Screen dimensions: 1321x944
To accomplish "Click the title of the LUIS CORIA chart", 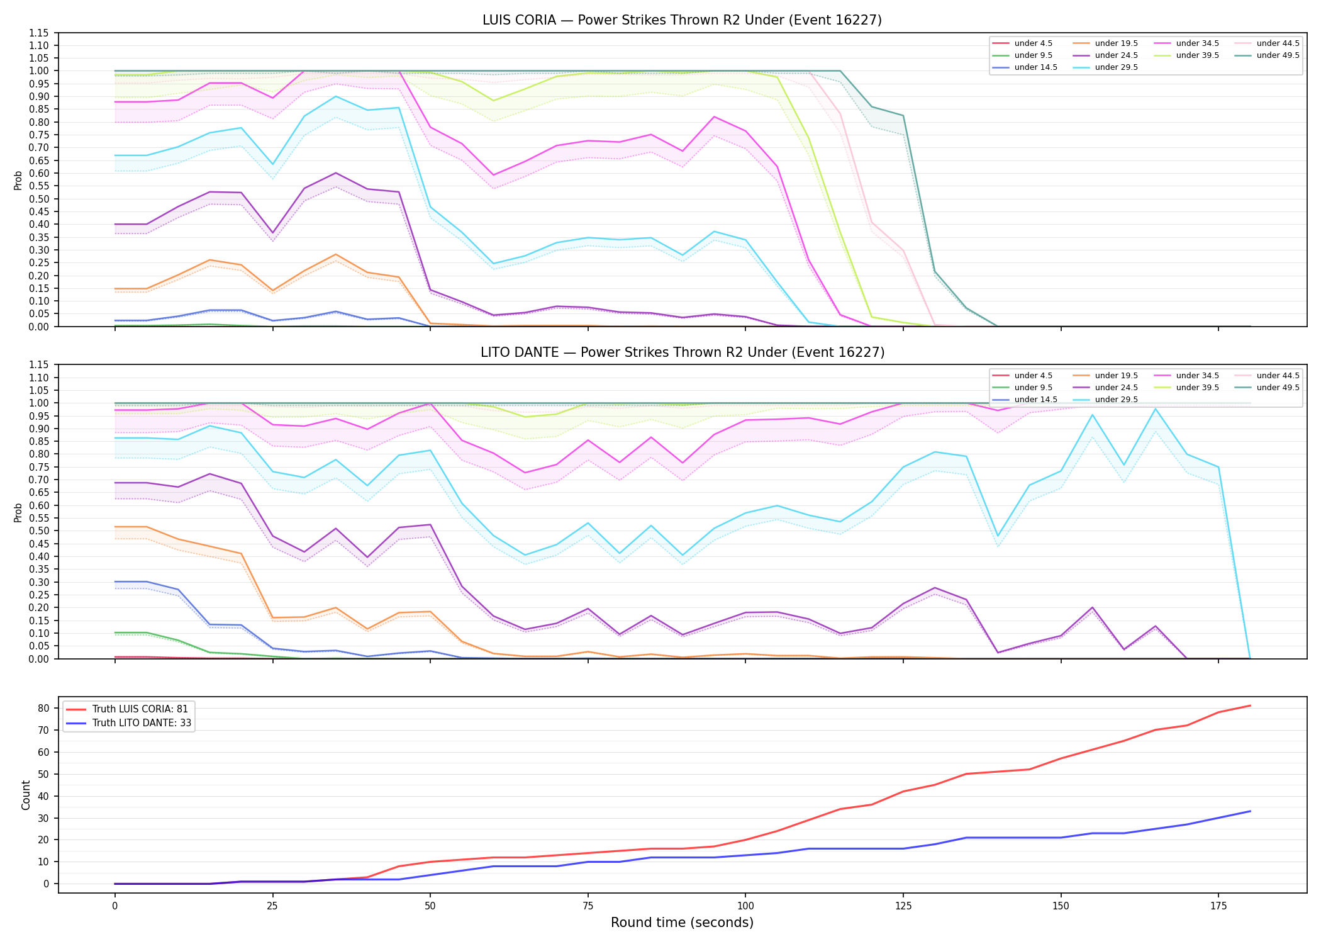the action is (x=682, y=20).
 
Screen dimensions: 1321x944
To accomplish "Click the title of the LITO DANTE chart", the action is (x=682, y=352).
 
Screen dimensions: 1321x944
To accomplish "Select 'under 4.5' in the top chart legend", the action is (x=1033, y=43).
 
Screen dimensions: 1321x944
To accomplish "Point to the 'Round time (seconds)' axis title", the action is (x=682, y=923).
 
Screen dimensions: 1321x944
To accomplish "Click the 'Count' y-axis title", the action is (x=26, y=795).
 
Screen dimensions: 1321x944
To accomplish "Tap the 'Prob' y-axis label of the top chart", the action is (x=18, y=180).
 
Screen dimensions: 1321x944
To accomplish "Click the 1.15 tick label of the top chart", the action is (x=39, y=33).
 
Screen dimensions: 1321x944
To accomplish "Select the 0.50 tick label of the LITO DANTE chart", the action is (x=39, y=531).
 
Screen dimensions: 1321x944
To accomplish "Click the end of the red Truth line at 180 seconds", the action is (x=1250, y=705).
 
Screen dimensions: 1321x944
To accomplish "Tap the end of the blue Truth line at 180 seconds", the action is (x=1250, y=811).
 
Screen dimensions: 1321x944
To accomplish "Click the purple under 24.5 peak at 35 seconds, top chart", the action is (x=336, y=173).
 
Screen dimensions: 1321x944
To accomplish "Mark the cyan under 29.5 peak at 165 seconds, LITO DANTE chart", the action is (x=1156, y=409).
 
